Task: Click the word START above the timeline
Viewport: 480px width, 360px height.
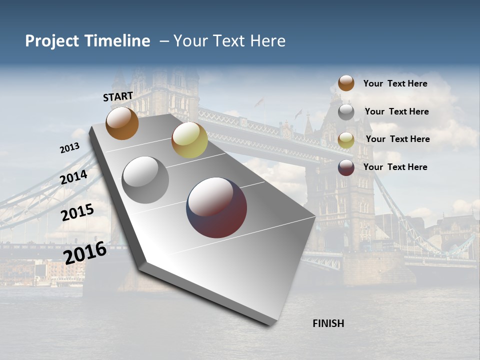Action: coord(118,96)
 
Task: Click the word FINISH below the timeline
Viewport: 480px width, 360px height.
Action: coord(328,323)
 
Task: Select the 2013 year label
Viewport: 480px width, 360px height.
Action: coord(69,148)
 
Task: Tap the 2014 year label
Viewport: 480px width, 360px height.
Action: coord(74,177)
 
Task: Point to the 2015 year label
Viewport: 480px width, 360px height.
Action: coord(77,212)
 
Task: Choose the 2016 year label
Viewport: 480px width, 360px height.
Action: coord(85,252)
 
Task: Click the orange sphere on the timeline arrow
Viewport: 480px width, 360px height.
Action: coord(122,123)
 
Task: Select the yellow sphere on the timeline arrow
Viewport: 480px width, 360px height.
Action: coord(189,140)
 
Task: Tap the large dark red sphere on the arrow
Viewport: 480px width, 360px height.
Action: coord(216,207)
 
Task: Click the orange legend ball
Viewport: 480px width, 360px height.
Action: coord(346,83)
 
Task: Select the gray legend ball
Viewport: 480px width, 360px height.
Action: coord(346,112)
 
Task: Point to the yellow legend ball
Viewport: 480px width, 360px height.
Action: coord(346,140)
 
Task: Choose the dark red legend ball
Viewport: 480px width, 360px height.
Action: coord(346,167)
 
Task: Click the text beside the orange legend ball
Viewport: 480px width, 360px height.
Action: coord(395,84)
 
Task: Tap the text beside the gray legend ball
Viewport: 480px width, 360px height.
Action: coord(396,111)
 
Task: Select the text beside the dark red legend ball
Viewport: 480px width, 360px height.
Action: coord(395,167)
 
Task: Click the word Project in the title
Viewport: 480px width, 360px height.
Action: coord(52,41)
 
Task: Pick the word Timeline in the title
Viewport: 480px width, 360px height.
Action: coord(118,41)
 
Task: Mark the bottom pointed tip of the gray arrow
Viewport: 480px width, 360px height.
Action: coord(270,325)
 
